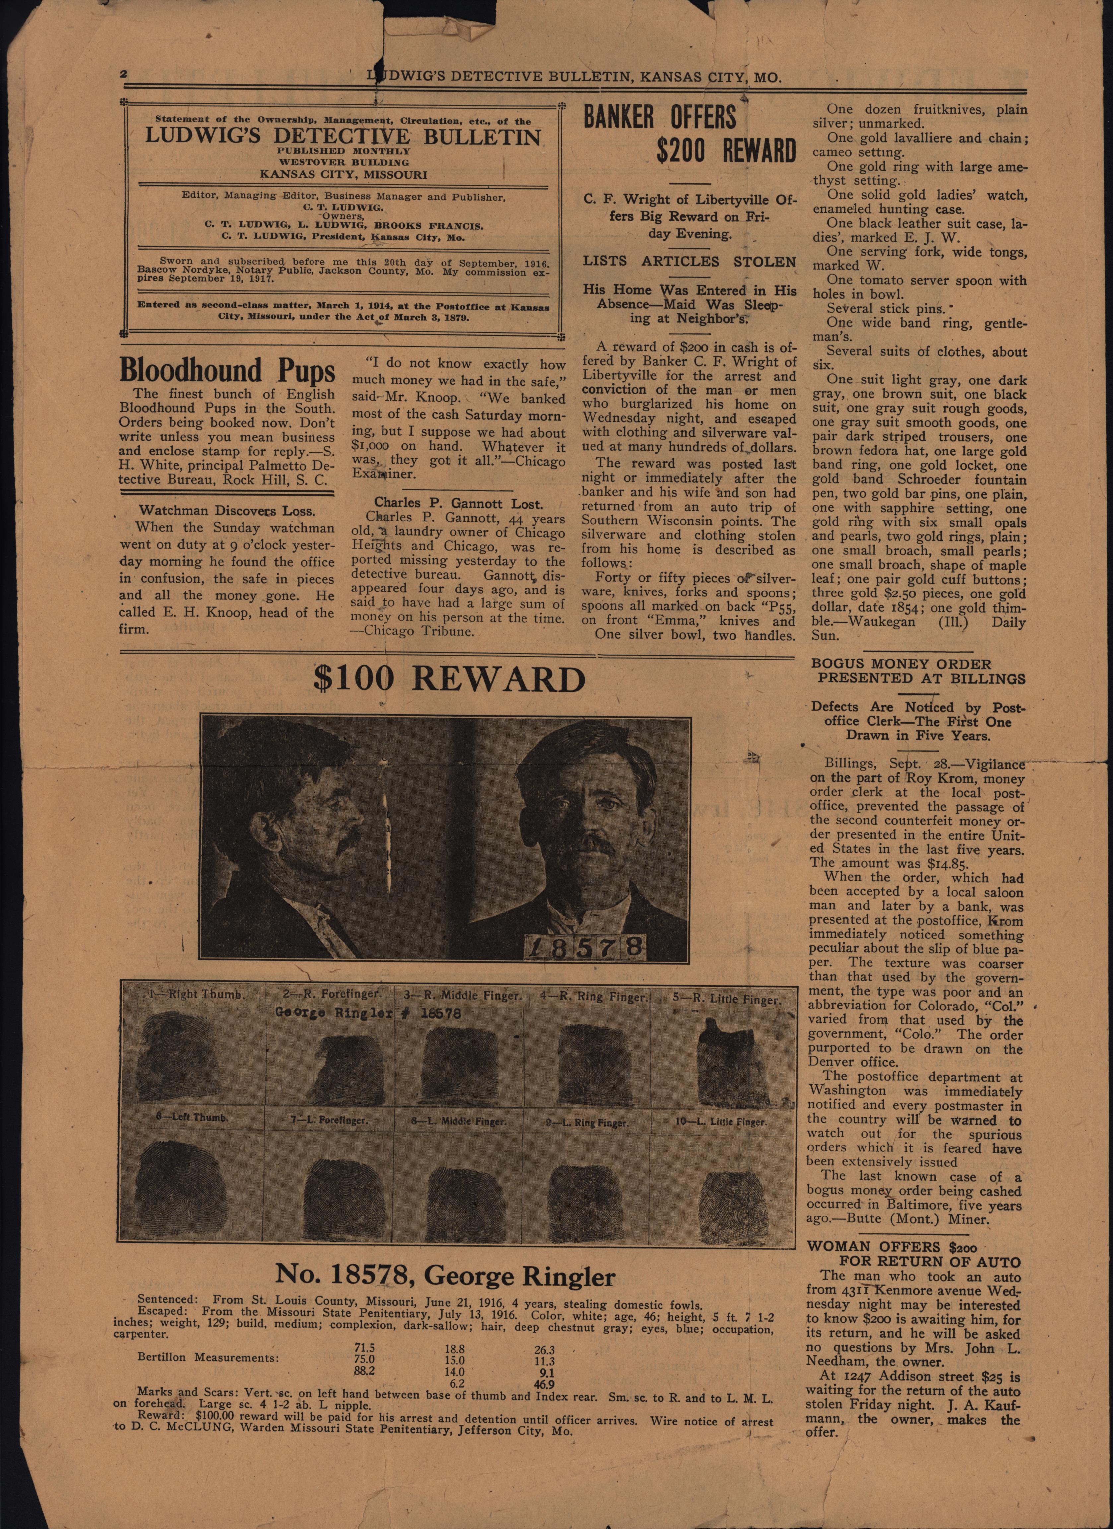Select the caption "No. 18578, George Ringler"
click(445, 1276)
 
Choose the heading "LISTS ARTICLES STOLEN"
click(689, 261)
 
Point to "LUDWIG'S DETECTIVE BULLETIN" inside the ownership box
click(343, 137)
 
